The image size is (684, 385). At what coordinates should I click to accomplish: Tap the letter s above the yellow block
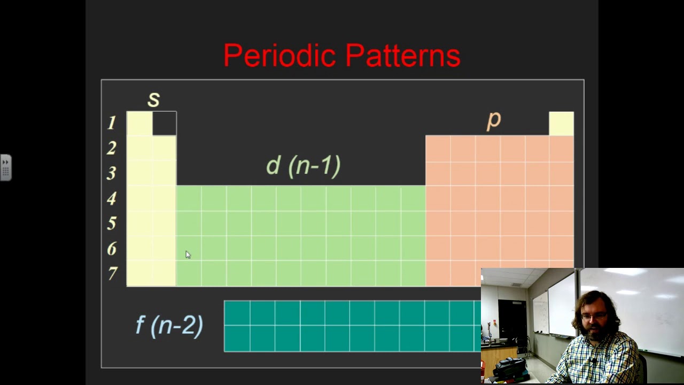tap(153, 99)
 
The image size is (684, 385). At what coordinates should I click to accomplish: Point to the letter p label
tap(493, 120)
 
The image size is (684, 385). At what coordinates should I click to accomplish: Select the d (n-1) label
tap(303, 166)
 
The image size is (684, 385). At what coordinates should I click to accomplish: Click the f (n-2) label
tap(169, 325)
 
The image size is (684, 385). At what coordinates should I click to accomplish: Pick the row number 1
tap(111, 124)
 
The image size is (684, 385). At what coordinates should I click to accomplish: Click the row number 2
tap(111, 148)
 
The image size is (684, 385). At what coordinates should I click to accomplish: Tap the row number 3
tap(111, 173)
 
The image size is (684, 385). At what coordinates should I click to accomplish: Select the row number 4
tap(111, 199)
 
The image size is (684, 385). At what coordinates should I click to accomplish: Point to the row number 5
tap(111, 224)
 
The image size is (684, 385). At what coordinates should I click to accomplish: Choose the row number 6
tap(111, 249)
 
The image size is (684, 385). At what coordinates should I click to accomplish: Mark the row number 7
tap(112, 274)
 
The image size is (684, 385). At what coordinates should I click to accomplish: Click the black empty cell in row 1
tap(164, 124)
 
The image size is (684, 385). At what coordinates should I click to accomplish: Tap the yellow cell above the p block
tap(561, 124)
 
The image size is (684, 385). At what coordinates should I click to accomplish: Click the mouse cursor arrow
tap(188, 255)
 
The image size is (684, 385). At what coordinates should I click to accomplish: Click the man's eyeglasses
tap(597, 317)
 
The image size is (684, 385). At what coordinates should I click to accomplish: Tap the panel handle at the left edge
tap(5, 167)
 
